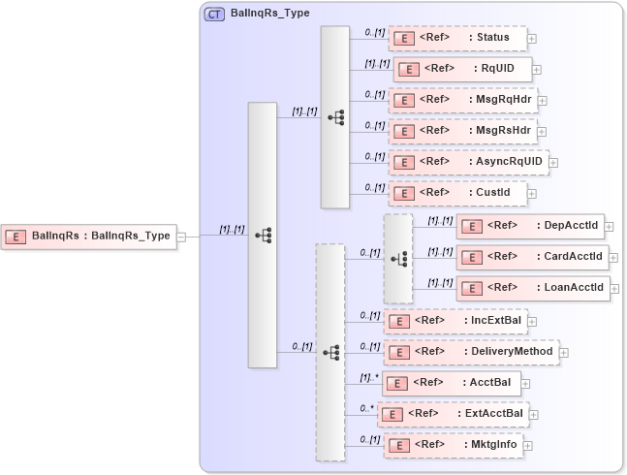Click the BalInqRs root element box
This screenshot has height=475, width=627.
point(89,236)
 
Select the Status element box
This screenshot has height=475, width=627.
point(457,38)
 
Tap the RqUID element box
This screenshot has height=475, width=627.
point(462,69)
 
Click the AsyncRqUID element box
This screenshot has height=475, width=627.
point(468,161)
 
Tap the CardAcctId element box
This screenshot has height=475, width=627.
point(532,258)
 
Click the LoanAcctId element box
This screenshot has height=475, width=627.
point(532,288)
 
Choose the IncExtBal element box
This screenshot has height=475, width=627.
point(455,320)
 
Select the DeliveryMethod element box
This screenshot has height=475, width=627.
point(471,352)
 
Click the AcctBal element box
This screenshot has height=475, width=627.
point(452,382)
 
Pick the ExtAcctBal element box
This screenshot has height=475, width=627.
point(453,414)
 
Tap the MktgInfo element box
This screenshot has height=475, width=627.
point(455,445)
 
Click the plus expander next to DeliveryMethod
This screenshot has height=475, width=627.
point(564,353)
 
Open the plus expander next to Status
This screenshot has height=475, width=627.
point(532,39)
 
